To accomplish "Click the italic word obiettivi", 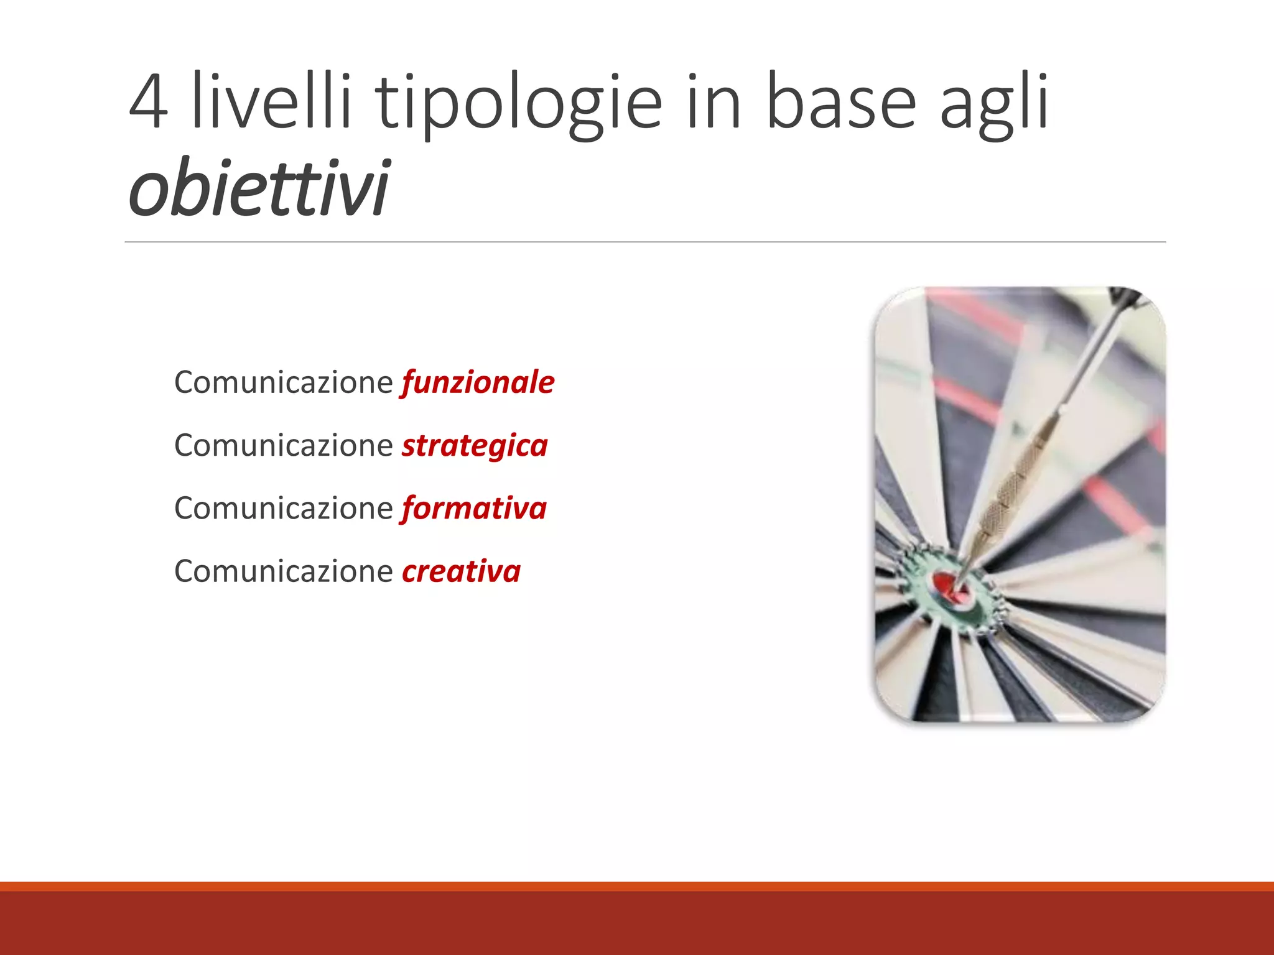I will coord(258,187).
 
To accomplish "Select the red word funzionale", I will coord(478,382).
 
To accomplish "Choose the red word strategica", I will coord(475,445).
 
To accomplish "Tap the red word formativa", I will coord(474,508).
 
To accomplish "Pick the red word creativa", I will coord(461,571).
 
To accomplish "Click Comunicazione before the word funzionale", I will coord(283,382).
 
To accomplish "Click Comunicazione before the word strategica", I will coord(283,445).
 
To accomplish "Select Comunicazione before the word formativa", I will coord(283,508).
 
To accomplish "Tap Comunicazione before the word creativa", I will coord(283,571).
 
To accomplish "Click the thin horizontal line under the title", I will coord(645,242).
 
